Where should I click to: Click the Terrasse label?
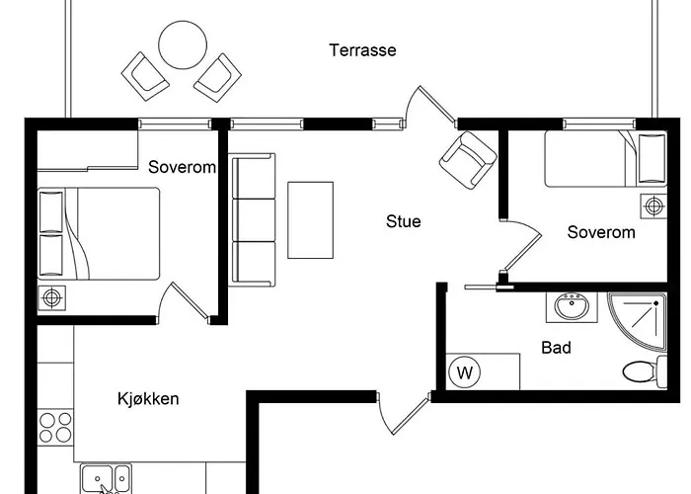[362, 49]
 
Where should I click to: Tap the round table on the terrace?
[183, 45]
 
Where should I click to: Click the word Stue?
[403, 221]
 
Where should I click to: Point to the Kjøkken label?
[148, 399]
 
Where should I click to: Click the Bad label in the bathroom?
[556, 348]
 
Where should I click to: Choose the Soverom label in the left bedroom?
[182, 167]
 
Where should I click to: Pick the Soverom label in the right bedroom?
[600, 233]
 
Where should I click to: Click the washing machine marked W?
[464, 373]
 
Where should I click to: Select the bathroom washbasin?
[572, 307]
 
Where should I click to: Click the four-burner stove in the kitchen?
[56, 427]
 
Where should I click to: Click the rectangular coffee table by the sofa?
[310, 219]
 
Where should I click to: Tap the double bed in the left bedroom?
[99, 234]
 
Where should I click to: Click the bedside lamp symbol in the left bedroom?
[51, 296]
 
